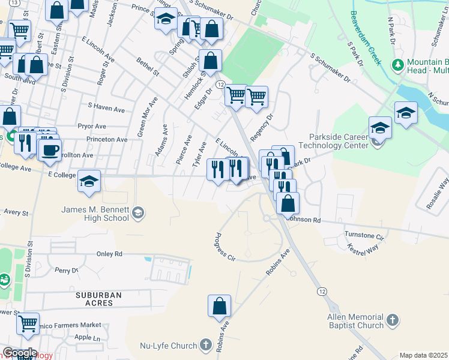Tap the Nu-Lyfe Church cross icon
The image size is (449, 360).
click(206, 345)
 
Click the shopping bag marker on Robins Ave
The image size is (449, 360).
click(220, 306)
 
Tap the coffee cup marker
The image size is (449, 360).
click(49, 149)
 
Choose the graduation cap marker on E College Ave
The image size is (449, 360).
click(89, 182)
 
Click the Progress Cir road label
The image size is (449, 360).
click(221, 247)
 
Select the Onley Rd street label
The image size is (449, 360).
click(109, 254)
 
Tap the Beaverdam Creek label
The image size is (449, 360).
click(366, 38)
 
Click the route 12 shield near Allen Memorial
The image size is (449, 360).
click(323, 291)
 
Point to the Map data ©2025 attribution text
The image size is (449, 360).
click(423, 355)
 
